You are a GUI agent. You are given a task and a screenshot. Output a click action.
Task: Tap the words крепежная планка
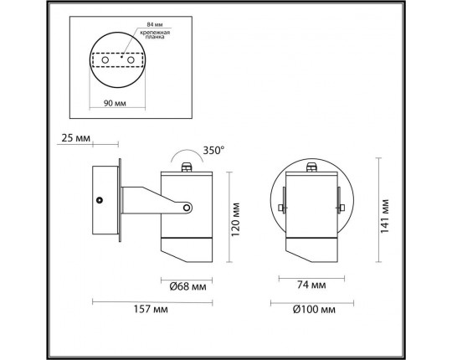pos(155,34)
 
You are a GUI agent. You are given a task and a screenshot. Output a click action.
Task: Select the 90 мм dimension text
pos(115,103)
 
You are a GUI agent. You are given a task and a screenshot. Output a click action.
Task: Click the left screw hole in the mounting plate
pos(105,60)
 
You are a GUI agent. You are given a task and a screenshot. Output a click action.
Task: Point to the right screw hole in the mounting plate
pos(131,60)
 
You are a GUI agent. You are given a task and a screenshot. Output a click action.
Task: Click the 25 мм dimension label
pos(76,138)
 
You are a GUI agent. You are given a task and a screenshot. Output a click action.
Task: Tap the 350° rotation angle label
pos(213,151)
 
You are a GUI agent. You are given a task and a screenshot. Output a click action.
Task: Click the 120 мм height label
pos(235,219)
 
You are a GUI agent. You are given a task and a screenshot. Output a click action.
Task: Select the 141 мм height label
pos(385,216)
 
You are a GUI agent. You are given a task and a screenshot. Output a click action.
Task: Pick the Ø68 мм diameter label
pos(188,286)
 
